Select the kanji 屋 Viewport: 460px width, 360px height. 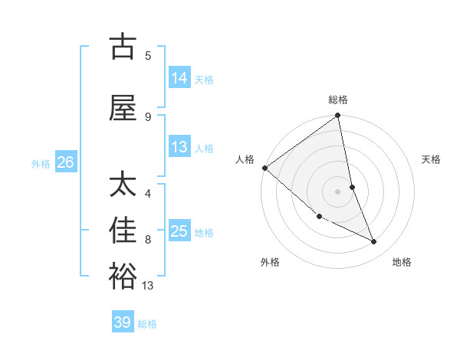[x=123, y=108]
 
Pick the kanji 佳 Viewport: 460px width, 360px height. [x=123, y=230]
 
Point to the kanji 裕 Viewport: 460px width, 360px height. [x=123, y=276]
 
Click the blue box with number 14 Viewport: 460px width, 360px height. [x=179, y=78]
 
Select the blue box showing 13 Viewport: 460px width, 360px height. [x=179, y=147]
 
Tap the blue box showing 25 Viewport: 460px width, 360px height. [x=179, y=231]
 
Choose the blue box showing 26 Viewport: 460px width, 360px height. [x=65, y=162]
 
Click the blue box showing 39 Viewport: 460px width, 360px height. [x=123, y=322]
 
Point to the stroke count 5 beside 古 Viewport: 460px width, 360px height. [x=148, y=55]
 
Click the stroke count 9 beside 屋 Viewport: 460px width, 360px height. [x=148, y=116]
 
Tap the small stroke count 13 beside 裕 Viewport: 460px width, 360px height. [x=149, y=286]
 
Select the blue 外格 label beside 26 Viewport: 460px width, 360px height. [x=40, y=163]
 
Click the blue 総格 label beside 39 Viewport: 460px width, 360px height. [x=147, y=324]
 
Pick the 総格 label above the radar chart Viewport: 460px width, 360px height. [x=338, y=100]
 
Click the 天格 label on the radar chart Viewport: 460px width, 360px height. [x=432, y=159]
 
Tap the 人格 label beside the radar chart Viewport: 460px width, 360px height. [x=245, y=159]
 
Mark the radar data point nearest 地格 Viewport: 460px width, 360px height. [x=374, y=242]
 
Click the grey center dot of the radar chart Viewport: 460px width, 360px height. [x=338, y=191]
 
